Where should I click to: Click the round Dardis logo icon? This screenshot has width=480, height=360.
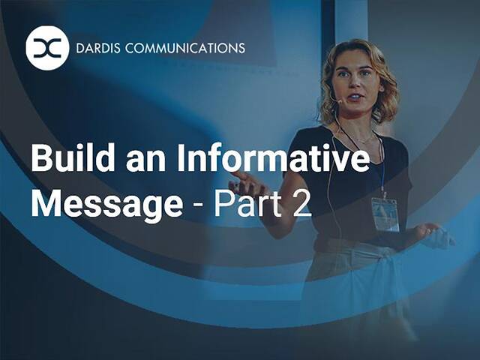pyautogui.click(x=47, y=48)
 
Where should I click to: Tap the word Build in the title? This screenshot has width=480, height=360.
pyautogui.click(x=66, y=160)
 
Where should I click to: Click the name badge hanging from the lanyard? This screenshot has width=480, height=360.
pyautogui.click(x=385, y=214)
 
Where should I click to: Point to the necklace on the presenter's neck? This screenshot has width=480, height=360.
pyautogui.click(x=358, y=139)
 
